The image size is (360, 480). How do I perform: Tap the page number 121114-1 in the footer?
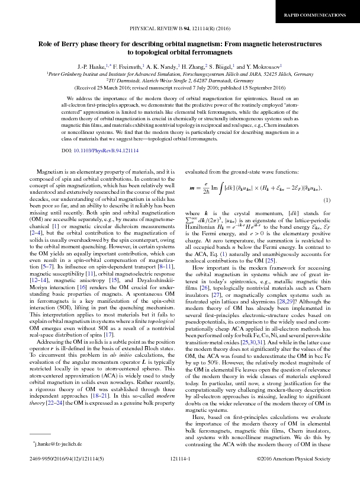180,474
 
